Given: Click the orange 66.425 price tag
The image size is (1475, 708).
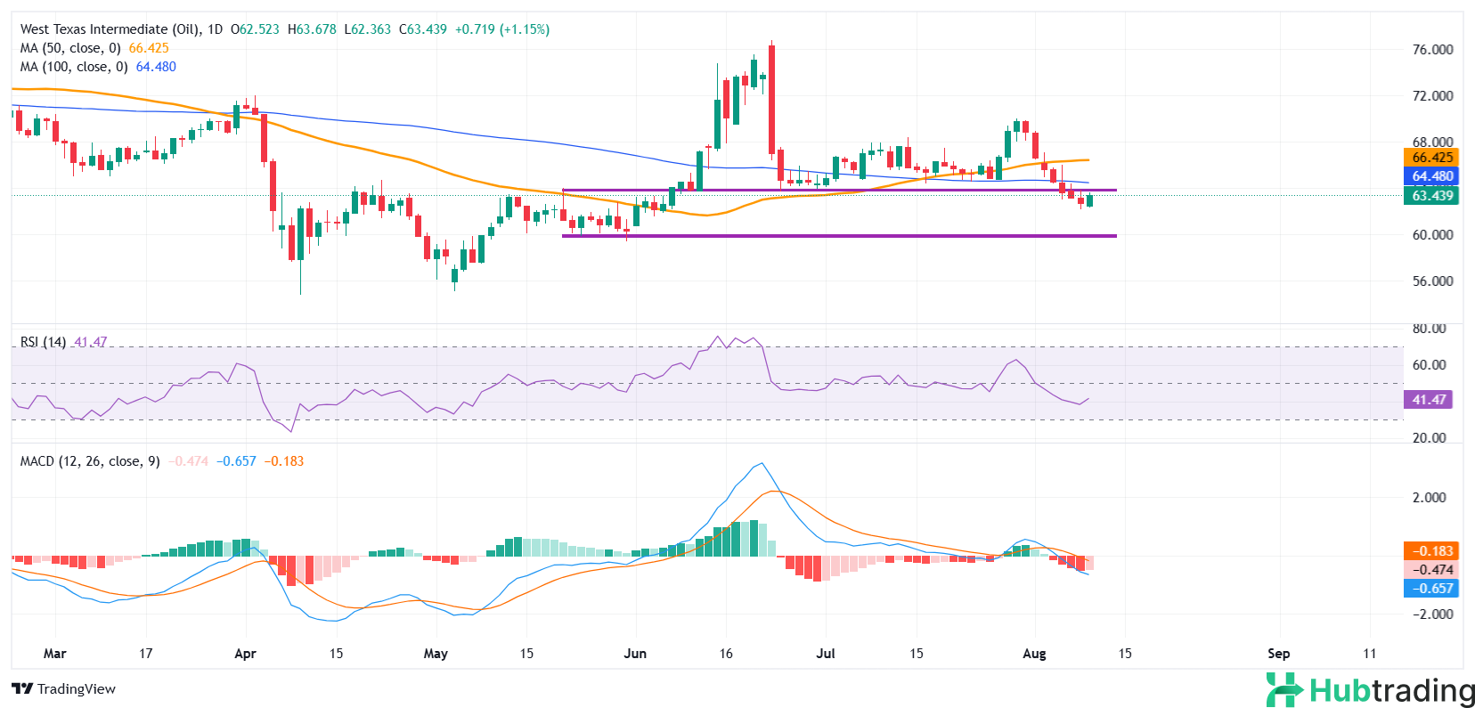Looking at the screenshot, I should [x=1432, y=158].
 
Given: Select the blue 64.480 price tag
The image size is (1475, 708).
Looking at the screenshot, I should [x=1432, y=176].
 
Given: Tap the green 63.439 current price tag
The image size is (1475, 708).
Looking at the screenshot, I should [x=1432, y=196].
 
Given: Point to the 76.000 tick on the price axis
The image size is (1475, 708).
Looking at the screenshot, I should [x=1432, y=50].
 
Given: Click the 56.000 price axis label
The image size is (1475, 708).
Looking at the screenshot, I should [x=1432, y=281].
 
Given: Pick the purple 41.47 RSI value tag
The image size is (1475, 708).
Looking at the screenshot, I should [x=1429, y=400].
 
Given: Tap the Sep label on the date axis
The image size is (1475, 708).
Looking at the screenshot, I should [x=1278, y=654].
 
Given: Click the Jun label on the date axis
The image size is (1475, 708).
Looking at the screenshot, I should [x=635, y=654].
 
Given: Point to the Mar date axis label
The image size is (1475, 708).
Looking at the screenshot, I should [x=55, y=654].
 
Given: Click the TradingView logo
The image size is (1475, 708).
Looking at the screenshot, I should [x=64, y=689].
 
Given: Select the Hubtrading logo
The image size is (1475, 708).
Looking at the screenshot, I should [x=1370, y=690].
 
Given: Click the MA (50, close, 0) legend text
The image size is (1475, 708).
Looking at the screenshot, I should [x=70, y=48].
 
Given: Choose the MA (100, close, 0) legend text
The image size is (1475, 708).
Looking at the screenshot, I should [x=74, y=67].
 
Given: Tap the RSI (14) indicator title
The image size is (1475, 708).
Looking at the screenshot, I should [x=43, y=342].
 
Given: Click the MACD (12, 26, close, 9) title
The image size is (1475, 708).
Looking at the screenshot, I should [x=90, y=461].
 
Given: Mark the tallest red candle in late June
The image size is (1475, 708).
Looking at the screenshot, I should [x=771, y=100].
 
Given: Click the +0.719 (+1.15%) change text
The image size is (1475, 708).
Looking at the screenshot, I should [x=502, y=29].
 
